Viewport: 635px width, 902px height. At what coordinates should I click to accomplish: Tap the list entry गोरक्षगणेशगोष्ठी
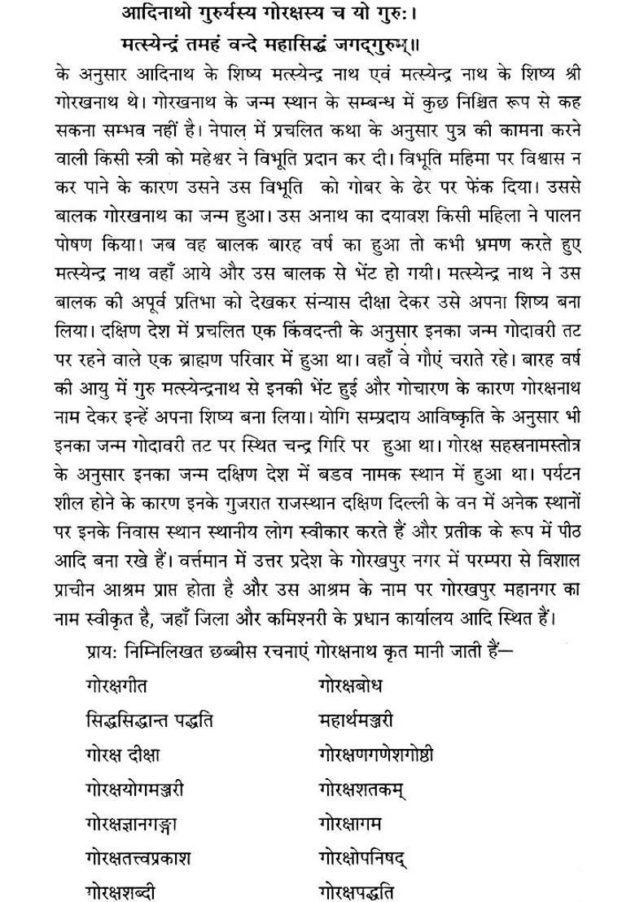pos(376,754)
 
